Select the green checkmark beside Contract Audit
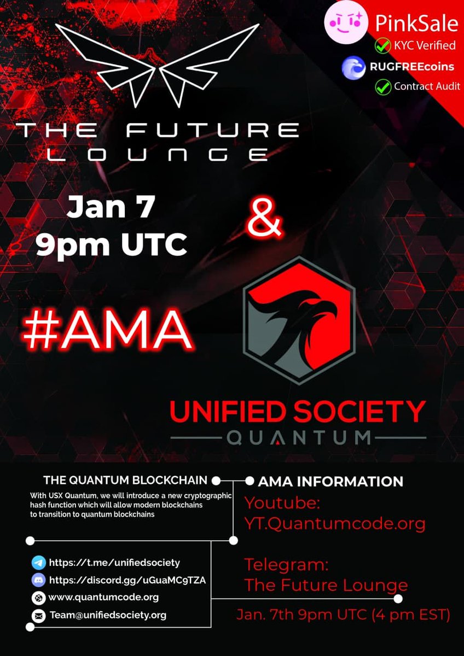pos(382,86)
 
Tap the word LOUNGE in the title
pos(157,154)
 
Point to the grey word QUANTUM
pos(298,438)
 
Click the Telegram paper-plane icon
pos(38,563)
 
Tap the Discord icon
pos(38,580)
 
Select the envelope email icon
pos(38,616)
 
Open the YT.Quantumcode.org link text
pos(335,524)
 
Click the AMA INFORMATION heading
pos(330,482)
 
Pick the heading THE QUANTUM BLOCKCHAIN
pos(125,481)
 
